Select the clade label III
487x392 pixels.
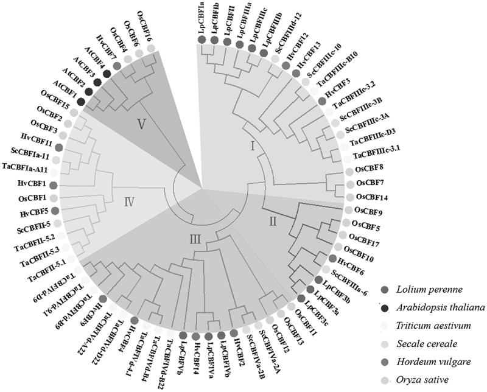(194, 241)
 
